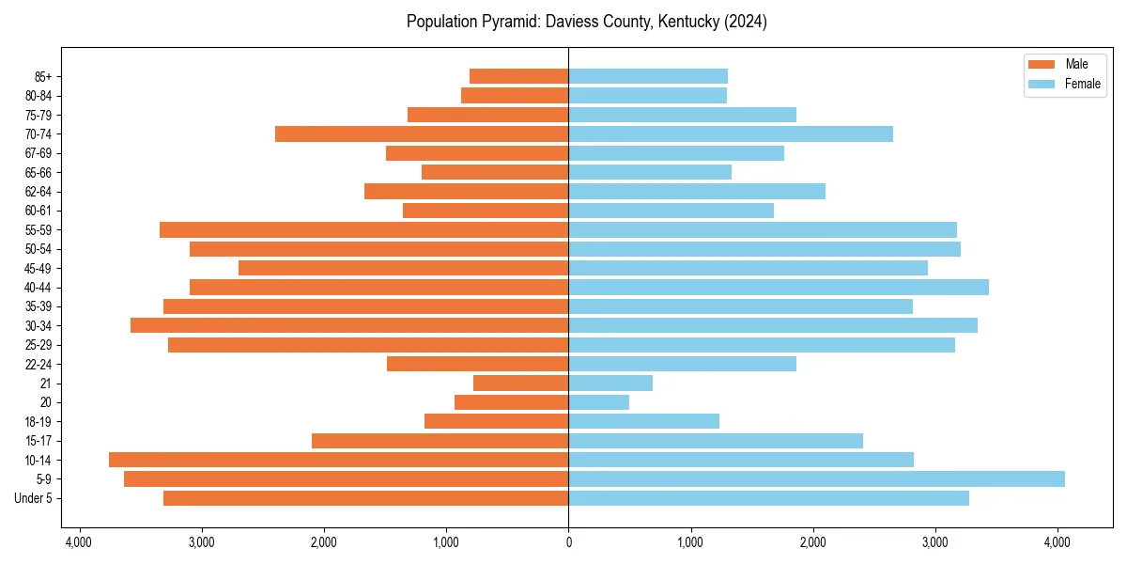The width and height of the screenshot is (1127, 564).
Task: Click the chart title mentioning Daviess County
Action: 587,22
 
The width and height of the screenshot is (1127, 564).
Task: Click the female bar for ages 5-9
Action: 816,479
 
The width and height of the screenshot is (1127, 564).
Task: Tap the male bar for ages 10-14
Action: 338,460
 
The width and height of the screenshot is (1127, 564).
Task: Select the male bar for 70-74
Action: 422,133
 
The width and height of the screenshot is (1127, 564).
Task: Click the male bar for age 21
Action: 520,383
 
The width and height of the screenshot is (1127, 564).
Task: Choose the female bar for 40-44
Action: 779,287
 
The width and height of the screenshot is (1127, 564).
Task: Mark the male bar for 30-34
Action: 349,325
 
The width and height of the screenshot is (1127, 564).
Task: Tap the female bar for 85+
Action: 648,76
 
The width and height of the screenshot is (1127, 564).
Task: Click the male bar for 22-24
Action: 477,364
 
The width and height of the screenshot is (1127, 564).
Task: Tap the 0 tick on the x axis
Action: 568,542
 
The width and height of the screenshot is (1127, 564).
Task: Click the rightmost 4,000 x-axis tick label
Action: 1058,542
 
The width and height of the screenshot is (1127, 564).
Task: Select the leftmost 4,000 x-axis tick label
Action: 79,542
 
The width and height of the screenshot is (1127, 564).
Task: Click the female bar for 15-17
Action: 716,441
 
